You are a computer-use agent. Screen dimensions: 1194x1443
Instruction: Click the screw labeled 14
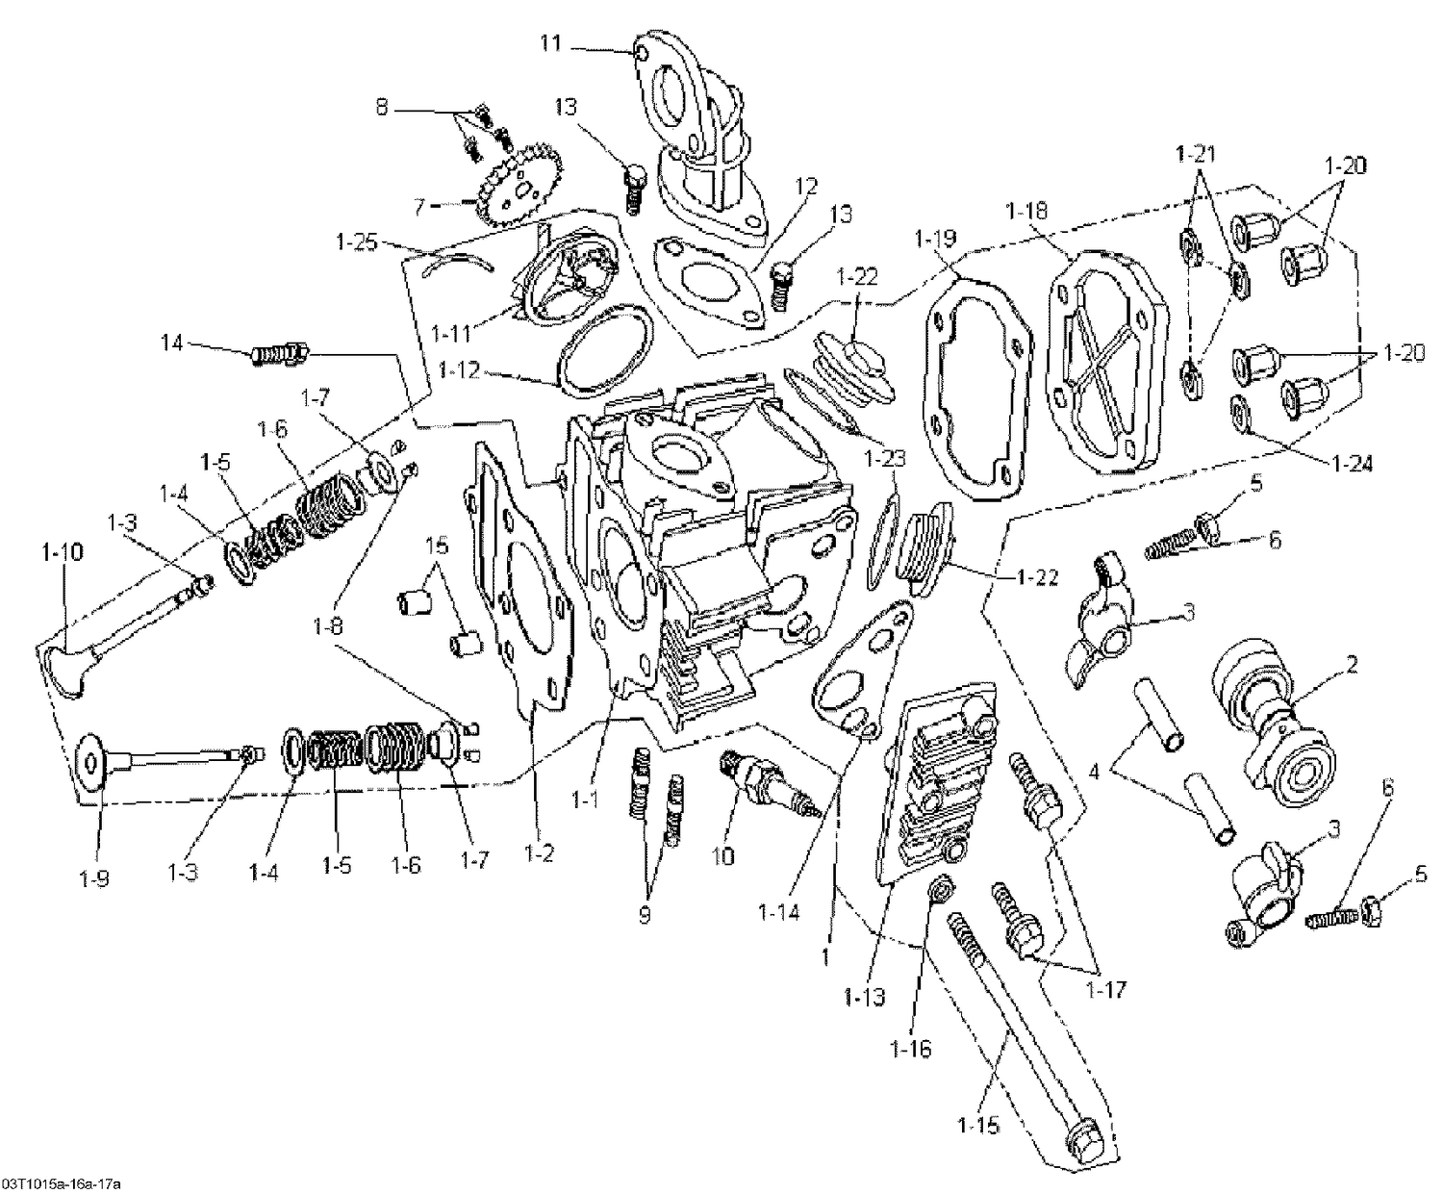pyautogui.click(x=279, y=355)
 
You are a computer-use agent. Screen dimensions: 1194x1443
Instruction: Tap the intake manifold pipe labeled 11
pyautogui.click(x=703, y=135)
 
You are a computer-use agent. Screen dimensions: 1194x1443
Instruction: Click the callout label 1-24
pyautogui.click(x=1352, y=464)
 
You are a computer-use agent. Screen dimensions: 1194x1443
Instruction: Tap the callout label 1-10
pyautogui.click(x=63, y=552)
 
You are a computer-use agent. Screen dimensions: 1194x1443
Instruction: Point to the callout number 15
pyautogui.click(x=437, y=546)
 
